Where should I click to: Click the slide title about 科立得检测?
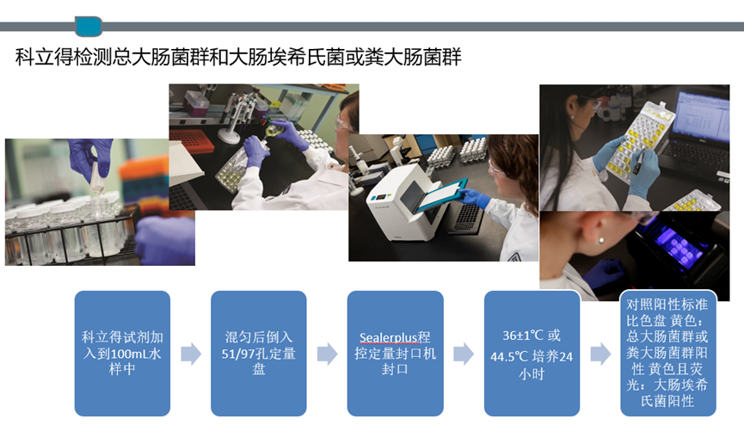[238, 57]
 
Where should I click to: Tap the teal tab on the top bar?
[89, 26]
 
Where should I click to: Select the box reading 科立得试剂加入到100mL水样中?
[122, 354]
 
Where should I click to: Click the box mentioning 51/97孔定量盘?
[259, 354]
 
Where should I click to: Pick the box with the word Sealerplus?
[396, 354]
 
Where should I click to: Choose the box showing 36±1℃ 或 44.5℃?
[532, 354]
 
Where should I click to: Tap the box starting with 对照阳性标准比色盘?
[667, 354]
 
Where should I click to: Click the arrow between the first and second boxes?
[191, 354]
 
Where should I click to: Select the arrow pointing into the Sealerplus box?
[327, 354]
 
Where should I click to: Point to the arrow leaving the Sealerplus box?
[464, 354]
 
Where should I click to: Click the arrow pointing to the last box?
[600, 354]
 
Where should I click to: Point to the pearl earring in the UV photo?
[601, 241]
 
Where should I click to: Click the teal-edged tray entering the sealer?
[442, 194]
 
